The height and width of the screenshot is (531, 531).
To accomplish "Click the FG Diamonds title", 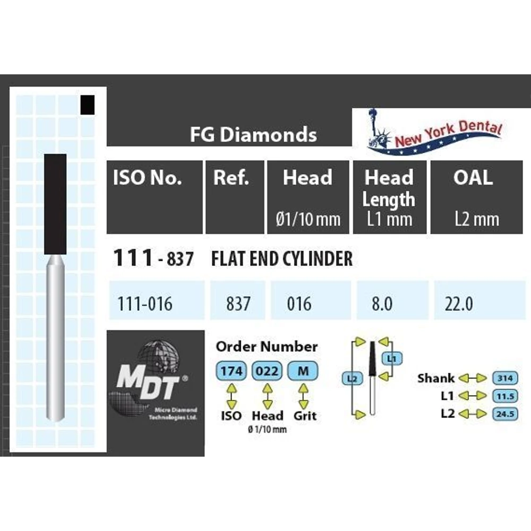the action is (x=253, y=134).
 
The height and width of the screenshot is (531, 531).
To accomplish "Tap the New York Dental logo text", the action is (x=448, y=133).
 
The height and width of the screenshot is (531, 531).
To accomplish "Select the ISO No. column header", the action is (x=147, y=177).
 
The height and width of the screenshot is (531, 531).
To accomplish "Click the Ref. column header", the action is (x=231, y=177).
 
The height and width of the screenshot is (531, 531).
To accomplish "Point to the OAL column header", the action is (x=473, y=177).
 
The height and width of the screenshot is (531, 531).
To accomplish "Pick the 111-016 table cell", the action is (x=145, y=303).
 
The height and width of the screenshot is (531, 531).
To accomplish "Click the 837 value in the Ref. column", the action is (x=238, y=303).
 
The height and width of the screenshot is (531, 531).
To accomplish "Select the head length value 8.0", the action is (x=382, y=303).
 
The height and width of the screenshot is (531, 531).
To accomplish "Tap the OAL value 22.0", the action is (x=459, y=303).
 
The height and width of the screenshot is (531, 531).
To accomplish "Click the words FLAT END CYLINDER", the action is (x=282, y=259).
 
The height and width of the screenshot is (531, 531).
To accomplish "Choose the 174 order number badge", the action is (x=232, y=371).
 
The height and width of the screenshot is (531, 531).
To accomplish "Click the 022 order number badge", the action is (x=267, y=371).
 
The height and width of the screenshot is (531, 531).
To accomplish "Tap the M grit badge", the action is (x=303, y=371).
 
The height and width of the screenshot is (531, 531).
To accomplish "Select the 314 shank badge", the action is (x=506, y=378).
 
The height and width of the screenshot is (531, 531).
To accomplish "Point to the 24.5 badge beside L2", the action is (x=506, y=414).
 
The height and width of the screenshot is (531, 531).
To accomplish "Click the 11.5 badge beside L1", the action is (x=506, y=396).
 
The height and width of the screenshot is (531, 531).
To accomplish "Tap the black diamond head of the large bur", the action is (x=55, y=204).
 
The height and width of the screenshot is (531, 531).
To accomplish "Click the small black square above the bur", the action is (x=88, y=105).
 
